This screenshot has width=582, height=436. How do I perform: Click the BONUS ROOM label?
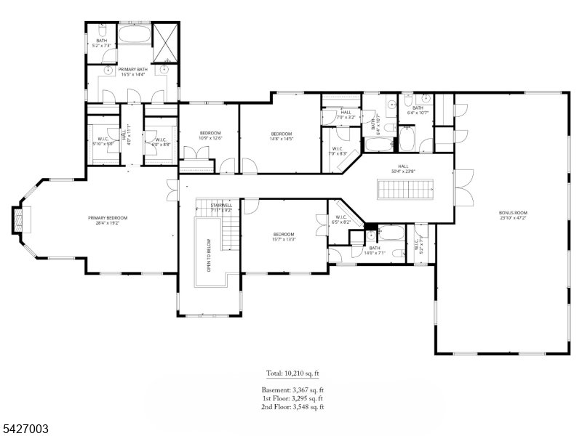(513, 215)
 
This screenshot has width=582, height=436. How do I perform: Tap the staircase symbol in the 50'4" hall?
(405, 190)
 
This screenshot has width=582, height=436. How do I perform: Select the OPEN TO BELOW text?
(209, 255)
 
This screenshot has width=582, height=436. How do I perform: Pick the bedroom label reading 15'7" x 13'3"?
(284, 237)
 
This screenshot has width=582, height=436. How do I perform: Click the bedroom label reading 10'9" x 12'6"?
(210, 136)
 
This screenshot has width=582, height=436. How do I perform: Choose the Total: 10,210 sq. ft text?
(292, 374)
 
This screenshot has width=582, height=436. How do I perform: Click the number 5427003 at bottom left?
(25, 429)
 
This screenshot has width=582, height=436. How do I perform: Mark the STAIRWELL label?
(221, 208)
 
